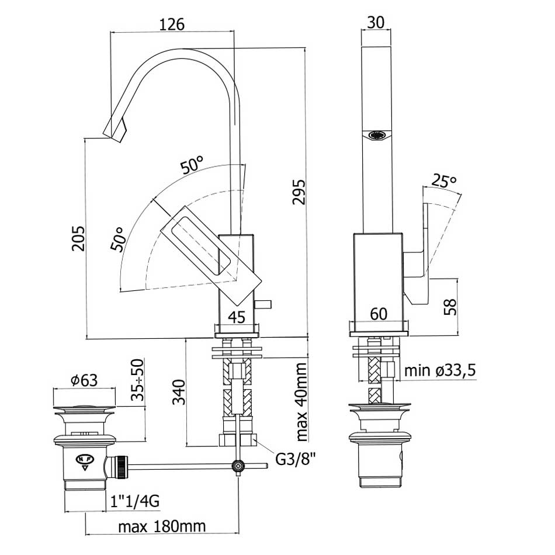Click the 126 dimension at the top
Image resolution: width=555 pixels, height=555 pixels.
tap(172, 25)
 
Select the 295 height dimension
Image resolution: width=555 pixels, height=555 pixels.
tap(299, 192)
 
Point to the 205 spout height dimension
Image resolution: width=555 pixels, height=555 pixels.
tap(78, 238)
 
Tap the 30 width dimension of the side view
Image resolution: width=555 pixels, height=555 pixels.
tap(376, 22)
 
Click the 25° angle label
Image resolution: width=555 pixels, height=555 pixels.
tap(444, 181)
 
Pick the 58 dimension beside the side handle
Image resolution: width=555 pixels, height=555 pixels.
tap(450, 307)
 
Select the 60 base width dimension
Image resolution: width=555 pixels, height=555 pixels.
tap(379, 314)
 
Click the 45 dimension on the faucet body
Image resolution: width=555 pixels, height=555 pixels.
tap(237, 317)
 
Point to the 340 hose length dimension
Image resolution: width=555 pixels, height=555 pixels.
tap(179, 392)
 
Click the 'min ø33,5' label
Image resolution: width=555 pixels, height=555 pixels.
tap(440, 370)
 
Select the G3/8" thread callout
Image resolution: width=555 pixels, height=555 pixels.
tap(296, 460)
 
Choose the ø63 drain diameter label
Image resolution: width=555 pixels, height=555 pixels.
tap(84, 380)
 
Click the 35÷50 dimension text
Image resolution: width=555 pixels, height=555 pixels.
tap(138, 380)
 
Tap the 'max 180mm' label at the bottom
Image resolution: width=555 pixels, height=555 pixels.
tap(162, 526)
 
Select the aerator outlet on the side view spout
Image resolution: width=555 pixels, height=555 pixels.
tap(377, 135)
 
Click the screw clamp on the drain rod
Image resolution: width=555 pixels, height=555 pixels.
tap(238, 466)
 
